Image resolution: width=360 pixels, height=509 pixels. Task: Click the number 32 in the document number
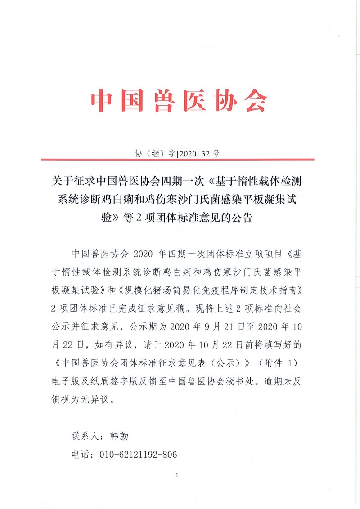pos(207,153)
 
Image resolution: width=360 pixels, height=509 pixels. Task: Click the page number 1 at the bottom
pos(178,475)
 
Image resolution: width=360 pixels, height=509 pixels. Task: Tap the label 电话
pos(79,455)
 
